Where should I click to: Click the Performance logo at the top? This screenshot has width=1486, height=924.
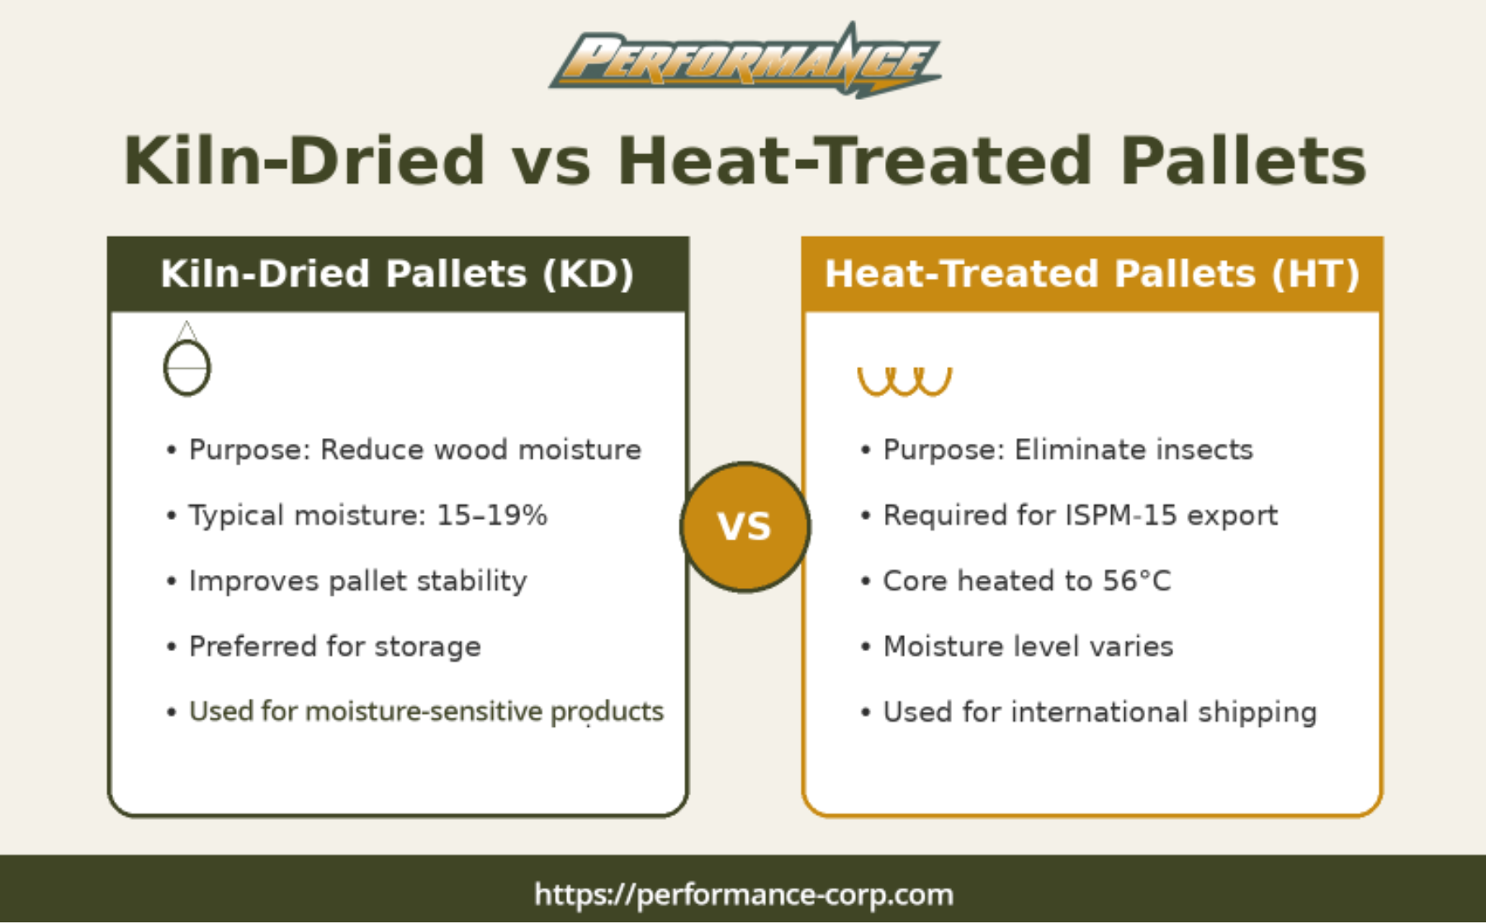tap(745, 60)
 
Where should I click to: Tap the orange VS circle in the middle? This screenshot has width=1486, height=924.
tap(745, 527)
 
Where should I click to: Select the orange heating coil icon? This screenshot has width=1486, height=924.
tap(905, 381)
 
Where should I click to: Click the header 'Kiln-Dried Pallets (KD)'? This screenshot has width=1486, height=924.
tap(397, 274)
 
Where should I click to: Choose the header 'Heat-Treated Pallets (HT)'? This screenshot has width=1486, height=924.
tap(1091, 274)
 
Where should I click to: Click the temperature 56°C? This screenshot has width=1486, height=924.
tap(1137, 581)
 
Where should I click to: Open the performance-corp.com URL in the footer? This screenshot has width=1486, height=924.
tap(744, 894)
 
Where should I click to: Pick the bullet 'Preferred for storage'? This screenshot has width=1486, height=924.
tap(335, 647)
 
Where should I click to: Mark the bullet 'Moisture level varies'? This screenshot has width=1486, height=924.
tap(1028, 647)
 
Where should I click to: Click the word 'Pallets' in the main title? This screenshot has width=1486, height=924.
tap(1242, 161)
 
